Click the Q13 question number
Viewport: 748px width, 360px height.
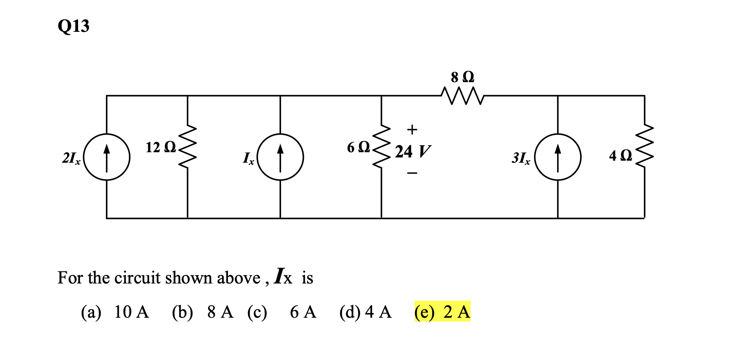click(x=73, y=26)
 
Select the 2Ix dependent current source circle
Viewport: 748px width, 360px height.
click(x=107, y=157)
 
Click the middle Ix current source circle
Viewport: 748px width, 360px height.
click(x=280, y=157)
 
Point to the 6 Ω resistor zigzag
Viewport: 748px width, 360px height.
click(x=382, y=147)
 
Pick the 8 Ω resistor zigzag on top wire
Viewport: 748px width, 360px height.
click(x=462, y=96)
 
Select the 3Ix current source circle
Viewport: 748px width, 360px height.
click(x=558, y=157)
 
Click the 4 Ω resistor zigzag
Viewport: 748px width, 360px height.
click(x=644, y=147)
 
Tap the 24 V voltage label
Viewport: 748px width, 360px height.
click(x=413, y=152)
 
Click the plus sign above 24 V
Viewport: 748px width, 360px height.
click(x=412, y=130)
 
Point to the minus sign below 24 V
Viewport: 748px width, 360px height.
click(x=412, y=174)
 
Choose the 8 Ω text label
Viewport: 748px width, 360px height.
click(x=463, y=77)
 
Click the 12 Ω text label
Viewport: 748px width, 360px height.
click(x=161, y=147)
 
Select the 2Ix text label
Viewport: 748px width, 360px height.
click(x=71, y=158)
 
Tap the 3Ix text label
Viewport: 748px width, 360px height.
click(x=521, y=158)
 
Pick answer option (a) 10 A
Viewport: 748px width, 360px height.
click(x=115, y=312)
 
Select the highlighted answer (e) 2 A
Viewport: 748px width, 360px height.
click(x=442, y=312)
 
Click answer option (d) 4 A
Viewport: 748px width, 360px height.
click(x=366, y=312)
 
